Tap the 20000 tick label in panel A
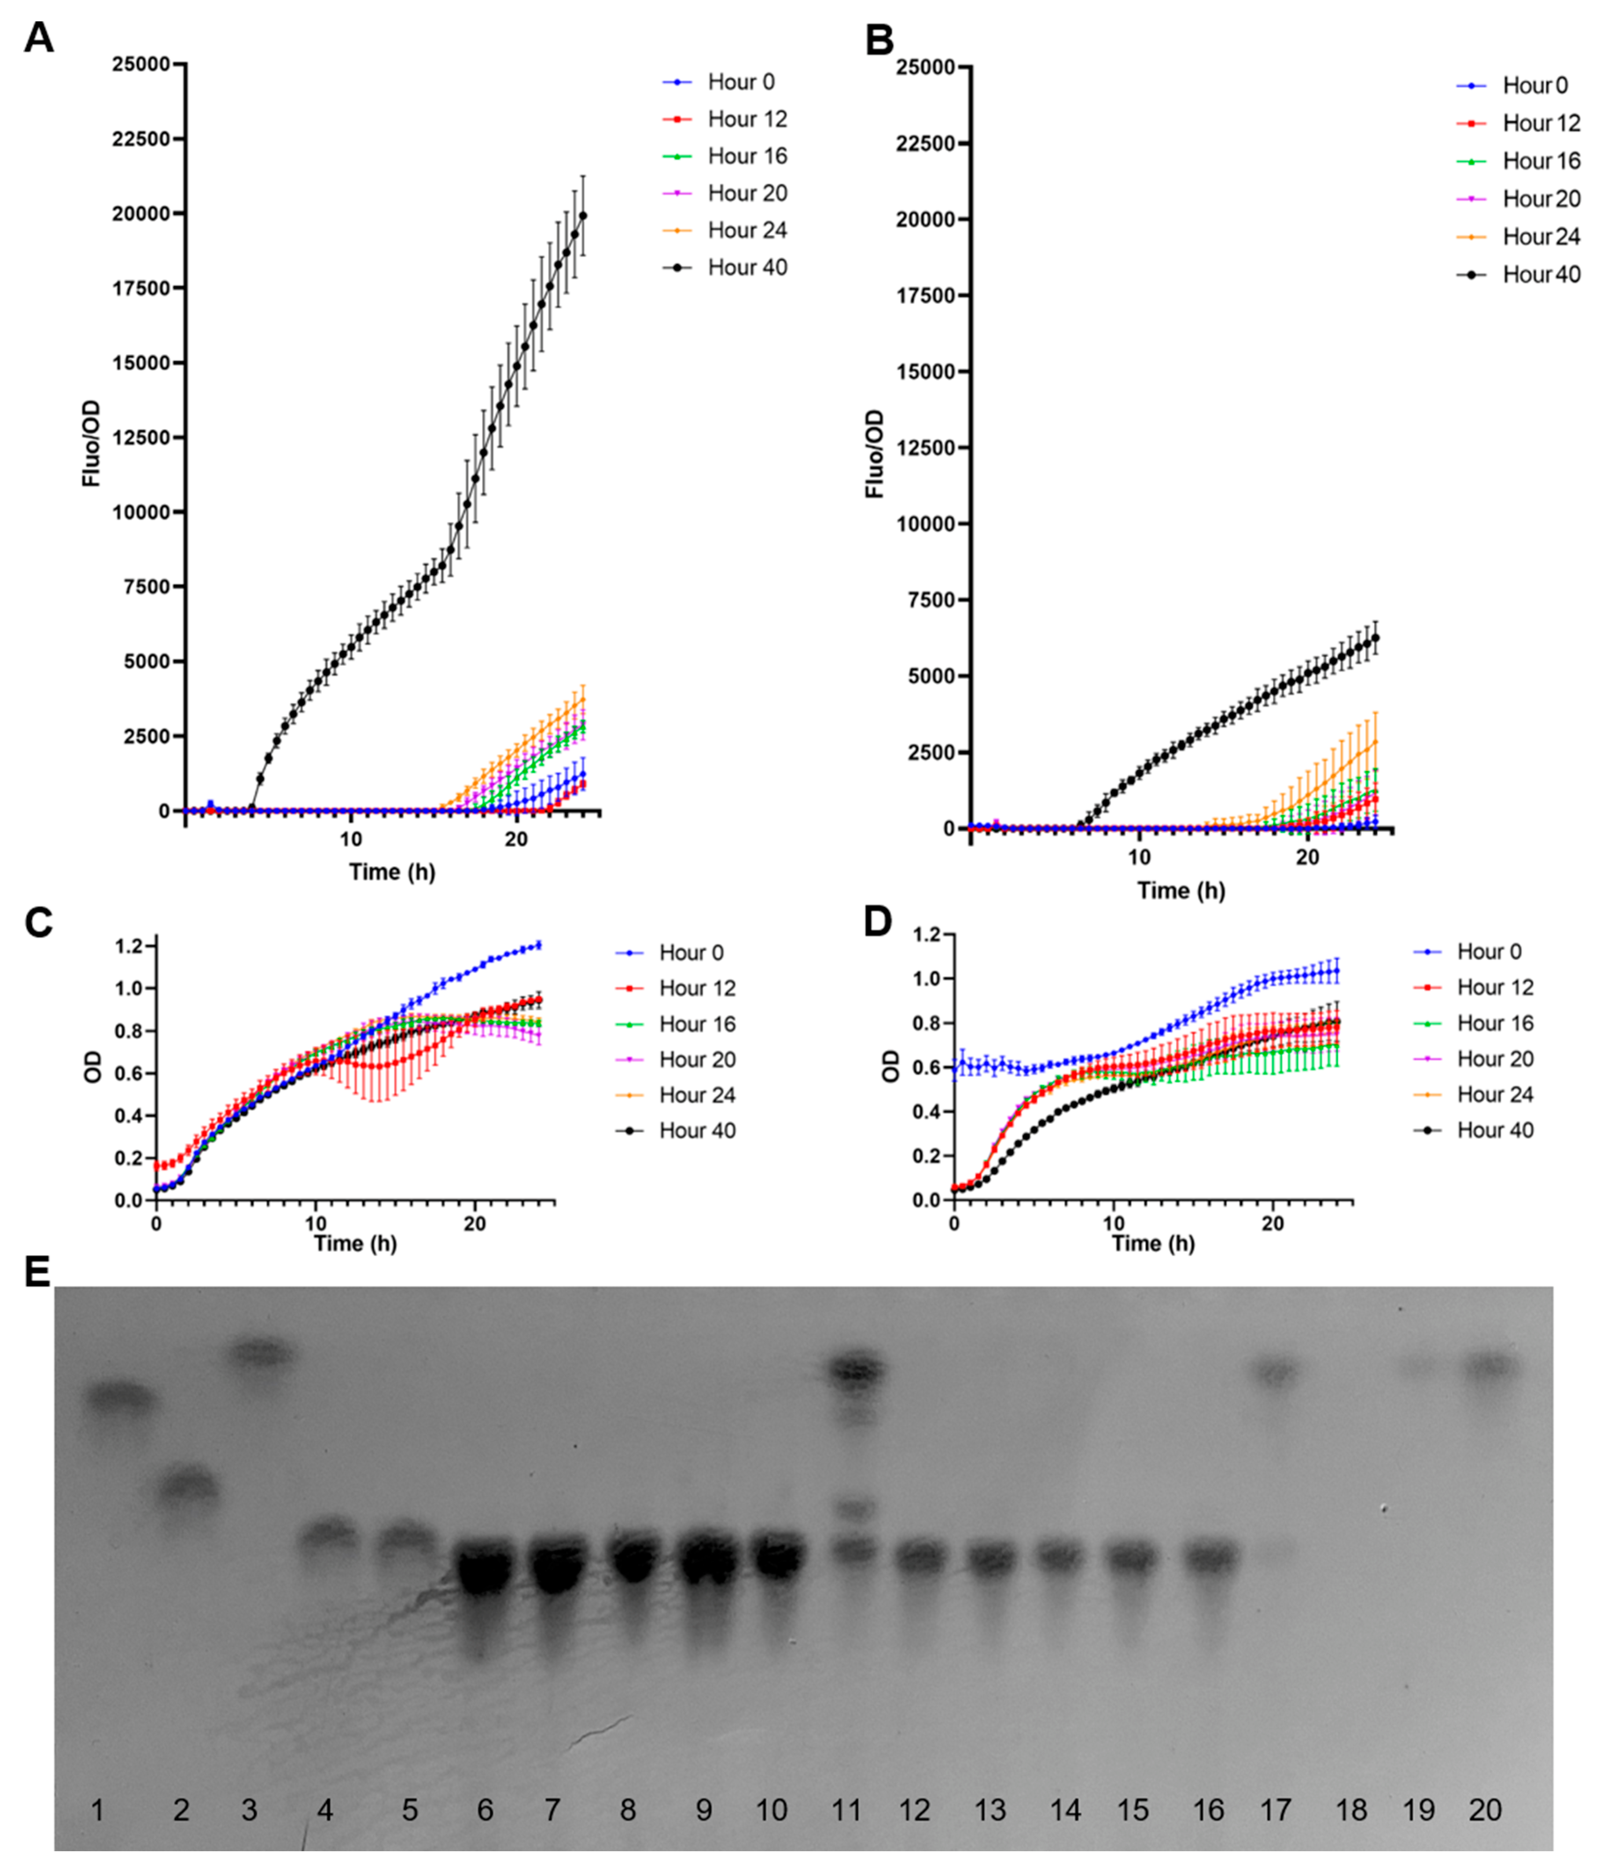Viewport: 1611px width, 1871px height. coord(140,214)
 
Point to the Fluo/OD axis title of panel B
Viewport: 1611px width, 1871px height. coord(874,453)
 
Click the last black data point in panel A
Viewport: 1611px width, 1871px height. coord(582,215)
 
